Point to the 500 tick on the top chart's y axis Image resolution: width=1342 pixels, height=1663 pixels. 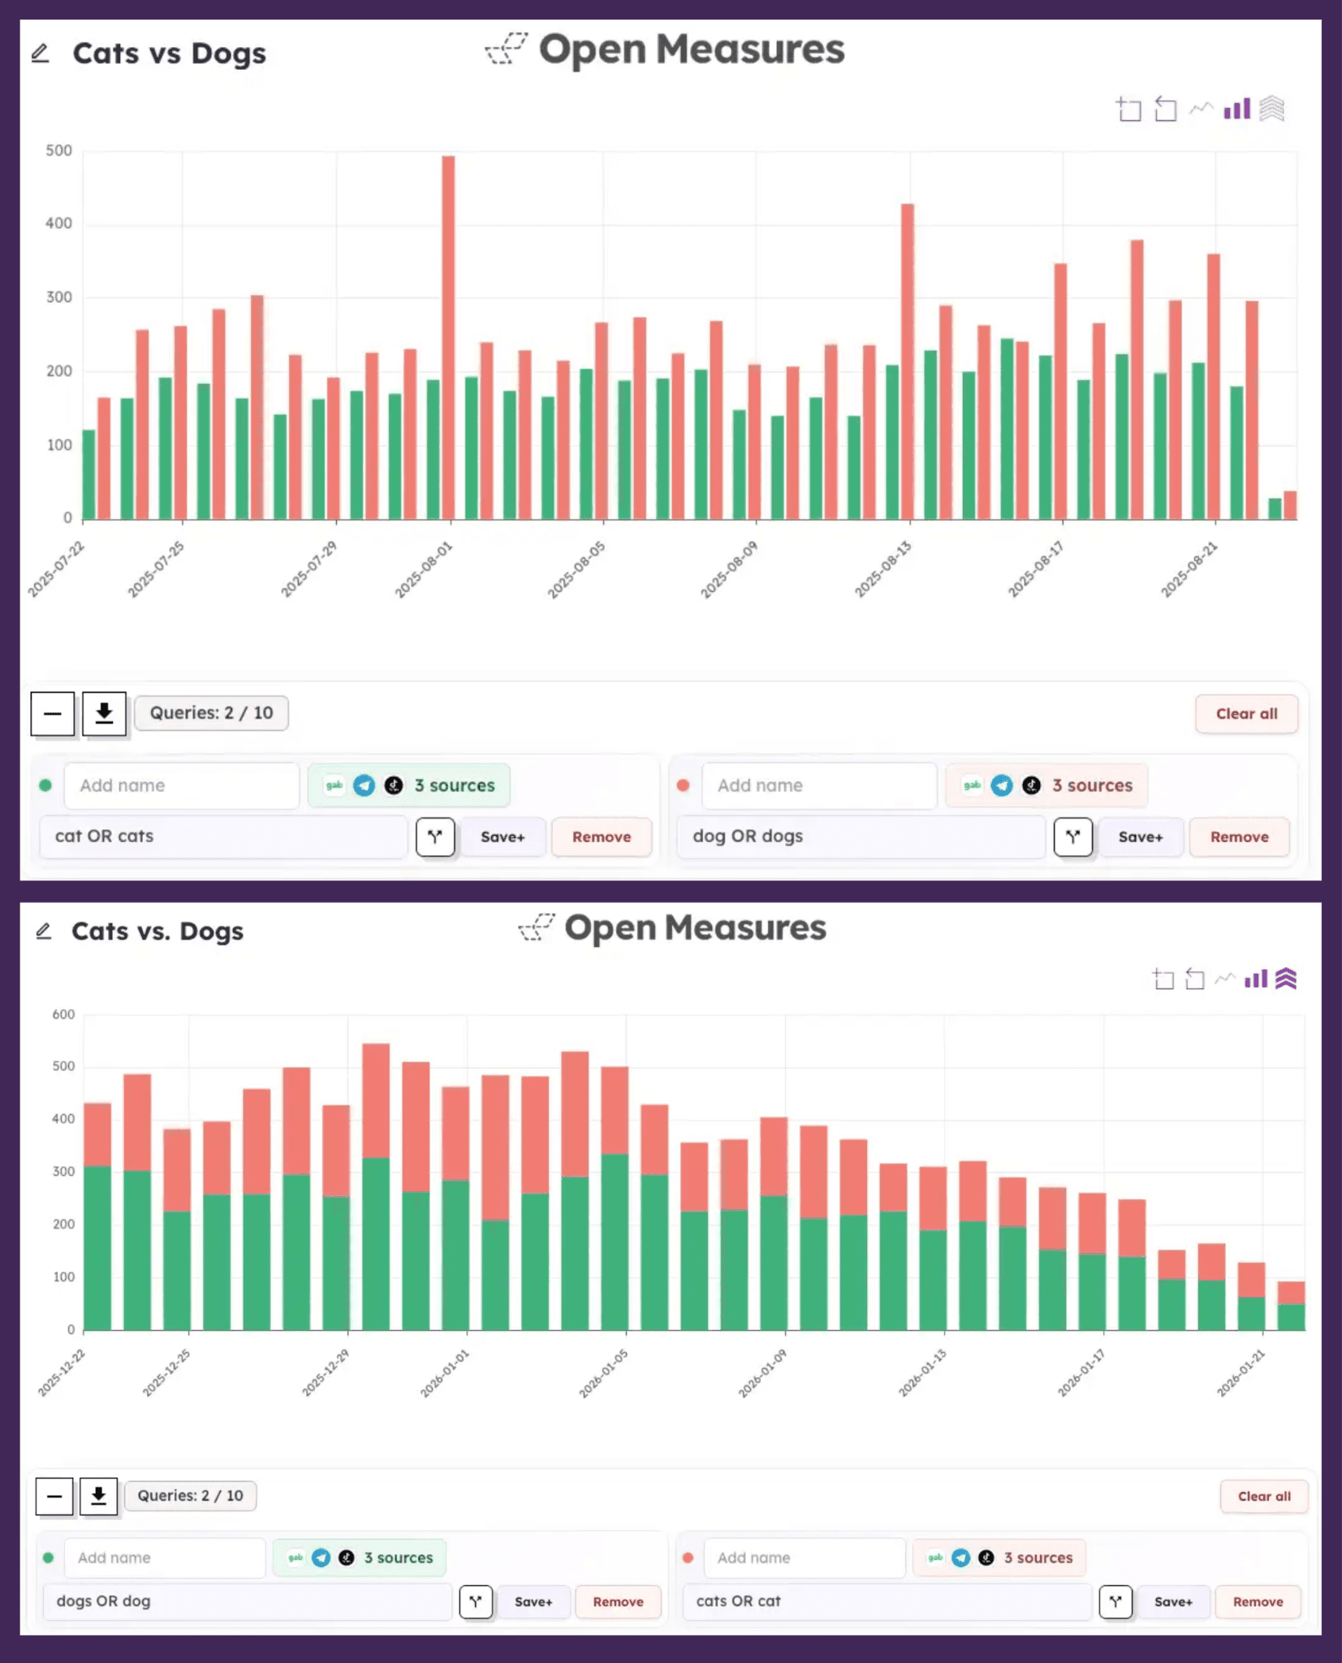pyautogui.click(x=58, y=151)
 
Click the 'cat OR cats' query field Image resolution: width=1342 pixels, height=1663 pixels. pyautogui.click(x=223, y=836)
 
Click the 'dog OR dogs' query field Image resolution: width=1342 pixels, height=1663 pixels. pyautogui.click(x=861, y=836)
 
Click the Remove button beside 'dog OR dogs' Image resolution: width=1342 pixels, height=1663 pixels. pyautogui.click(x=1239, y=837)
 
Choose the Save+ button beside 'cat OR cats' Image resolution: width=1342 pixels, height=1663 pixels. pyautogui.click(x=503, y=837)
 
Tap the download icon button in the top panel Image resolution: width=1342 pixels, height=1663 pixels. pyautogui.click(x=104, y=714)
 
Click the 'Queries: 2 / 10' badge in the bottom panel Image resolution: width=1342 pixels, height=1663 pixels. pyautogui.click(x=190, y=1496)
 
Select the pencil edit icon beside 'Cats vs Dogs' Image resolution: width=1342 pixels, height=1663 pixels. pyautogui.click(x=41, y=54)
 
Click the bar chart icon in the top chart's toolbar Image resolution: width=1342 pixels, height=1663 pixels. pyautogui.click(x=1236, y=109)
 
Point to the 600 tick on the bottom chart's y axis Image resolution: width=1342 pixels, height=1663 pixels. pyautogui.click(x=63, y=1014)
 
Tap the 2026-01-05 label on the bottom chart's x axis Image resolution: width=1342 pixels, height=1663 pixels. pyautogui.click(x=604, y=1373)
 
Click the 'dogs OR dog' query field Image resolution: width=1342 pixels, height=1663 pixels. pyautogui.click(x=248, y=1601)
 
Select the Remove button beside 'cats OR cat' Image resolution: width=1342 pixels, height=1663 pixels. pyautogui.click(x=1258, y=1602)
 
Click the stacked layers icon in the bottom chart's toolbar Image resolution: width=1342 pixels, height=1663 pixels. pyautogui.click(x=1286, y=978)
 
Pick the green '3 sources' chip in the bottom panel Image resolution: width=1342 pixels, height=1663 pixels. pyautogui.click(x=360, y=1557)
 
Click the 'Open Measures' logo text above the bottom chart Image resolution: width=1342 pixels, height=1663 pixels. pyautogui.click(x=695, y=927)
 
